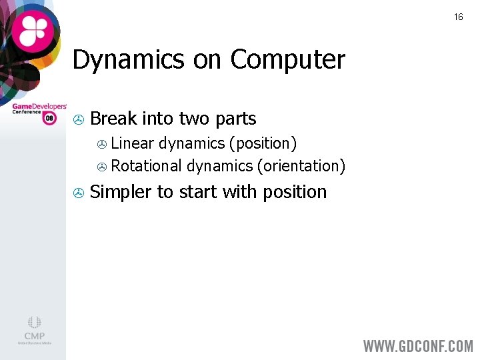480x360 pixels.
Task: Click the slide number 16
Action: click(458, 17)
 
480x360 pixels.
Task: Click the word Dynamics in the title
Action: click(128, 60)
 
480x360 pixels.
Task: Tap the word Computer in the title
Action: click(287, 60)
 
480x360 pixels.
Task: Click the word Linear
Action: click(132, 143)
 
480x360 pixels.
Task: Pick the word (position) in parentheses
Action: click(263, 144)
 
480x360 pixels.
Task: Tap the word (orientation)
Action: click(301, 166)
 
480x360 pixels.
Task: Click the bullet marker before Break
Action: click(78, 120)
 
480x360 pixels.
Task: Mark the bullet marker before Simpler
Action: click(78, 193)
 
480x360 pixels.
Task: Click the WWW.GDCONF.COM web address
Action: click(417, 346)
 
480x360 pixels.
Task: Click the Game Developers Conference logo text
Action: click(39, 108)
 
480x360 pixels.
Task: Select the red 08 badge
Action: click(49, 119)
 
